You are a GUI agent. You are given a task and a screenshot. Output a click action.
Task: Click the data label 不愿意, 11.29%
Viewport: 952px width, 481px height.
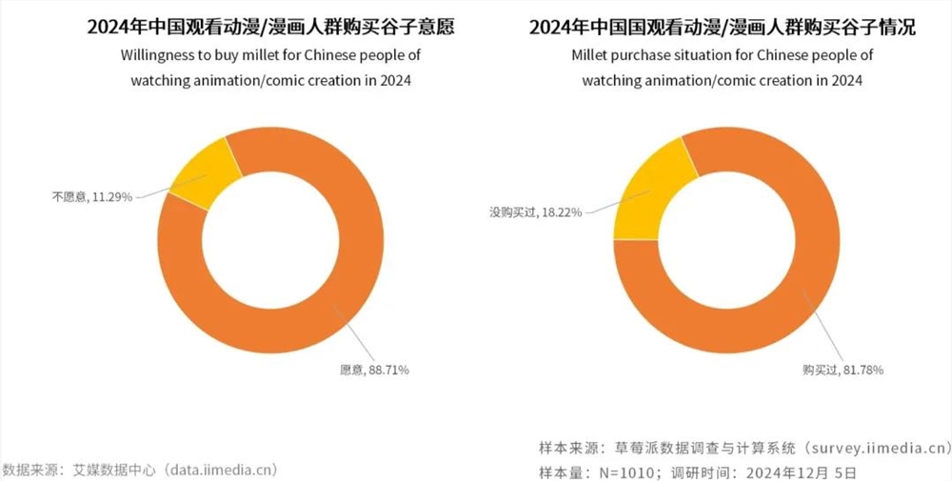92,197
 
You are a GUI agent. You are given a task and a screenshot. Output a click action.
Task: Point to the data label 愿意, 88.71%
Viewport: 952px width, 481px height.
374,369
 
